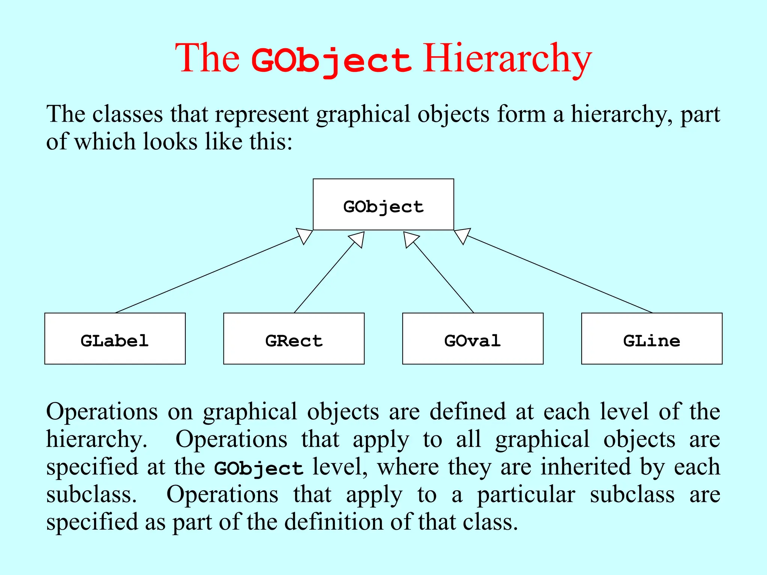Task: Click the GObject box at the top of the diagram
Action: pos(383,204)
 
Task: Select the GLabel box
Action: pos(115,338)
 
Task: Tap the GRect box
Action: pos(294,338)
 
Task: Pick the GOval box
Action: pos(473,338)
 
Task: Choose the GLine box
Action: pos(652,338)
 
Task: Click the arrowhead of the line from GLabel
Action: pos(306,235)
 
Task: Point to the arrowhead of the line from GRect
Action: pos(358,239)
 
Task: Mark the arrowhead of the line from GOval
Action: pos(410,239)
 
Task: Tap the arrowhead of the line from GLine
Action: pos(462,235)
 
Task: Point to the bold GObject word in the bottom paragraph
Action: pos(258,468)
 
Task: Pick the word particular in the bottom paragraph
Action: pos(526,495)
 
